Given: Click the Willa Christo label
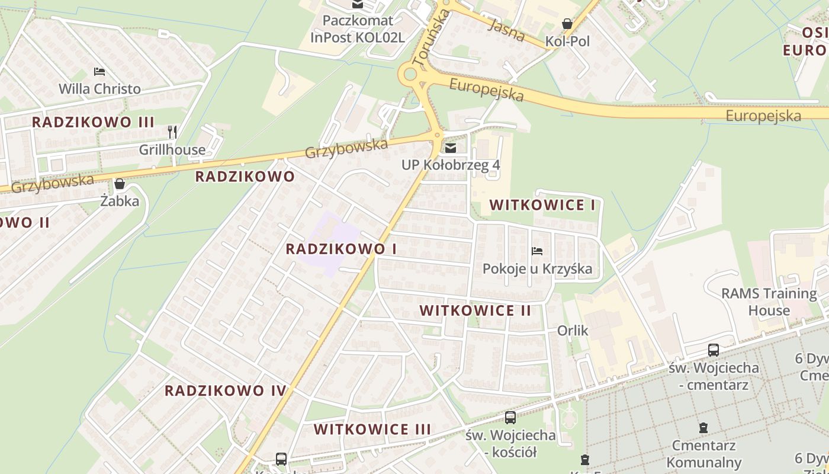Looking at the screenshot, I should tap(99, 89).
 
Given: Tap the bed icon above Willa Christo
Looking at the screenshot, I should tap(99, 72).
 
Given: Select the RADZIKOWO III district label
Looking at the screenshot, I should tap(93, 122).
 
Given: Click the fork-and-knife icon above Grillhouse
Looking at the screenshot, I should tap(172, 132).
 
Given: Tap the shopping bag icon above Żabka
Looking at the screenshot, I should tap(120, 184).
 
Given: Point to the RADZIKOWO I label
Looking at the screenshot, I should tap(341, 249).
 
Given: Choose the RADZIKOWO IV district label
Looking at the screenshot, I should tap(226, 390).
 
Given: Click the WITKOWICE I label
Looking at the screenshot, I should tap(542, 206).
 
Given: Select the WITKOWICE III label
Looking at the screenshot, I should tap(372, 429).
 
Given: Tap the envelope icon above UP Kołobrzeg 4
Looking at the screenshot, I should tap(451, 148).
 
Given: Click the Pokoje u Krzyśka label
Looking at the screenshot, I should tap(537, 269).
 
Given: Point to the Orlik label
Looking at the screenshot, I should tap(573, 330).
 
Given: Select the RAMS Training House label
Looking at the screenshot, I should tap(769, 302).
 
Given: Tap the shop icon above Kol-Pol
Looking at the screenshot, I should tap(567, 24).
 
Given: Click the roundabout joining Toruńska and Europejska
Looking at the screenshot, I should tap(409, 75).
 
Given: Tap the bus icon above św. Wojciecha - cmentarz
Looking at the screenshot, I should tap(714, 350).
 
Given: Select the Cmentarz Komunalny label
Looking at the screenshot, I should tap(703, 453).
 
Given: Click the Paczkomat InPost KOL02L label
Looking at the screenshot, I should tap(358, 29).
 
